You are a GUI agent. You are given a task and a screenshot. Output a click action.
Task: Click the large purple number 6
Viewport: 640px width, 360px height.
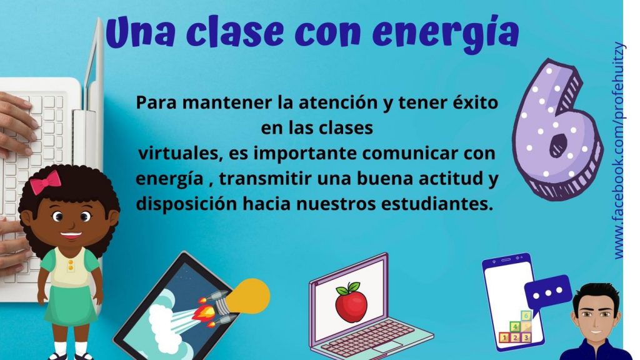click(x=557, y=130)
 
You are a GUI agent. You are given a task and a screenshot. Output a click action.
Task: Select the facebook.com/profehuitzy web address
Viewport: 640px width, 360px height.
click(x=619, y=150)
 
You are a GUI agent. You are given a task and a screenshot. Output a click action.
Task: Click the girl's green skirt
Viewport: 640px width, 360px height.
click(x=70, y=306)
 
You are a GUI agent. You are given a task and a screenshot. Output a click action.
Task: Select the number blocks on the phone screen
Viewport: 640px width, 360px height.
click(x=516, y=327)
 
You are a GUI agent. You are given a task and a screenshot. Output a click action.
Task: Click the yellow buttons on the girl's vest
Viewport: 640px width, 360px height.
click(x=71, y=264)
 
